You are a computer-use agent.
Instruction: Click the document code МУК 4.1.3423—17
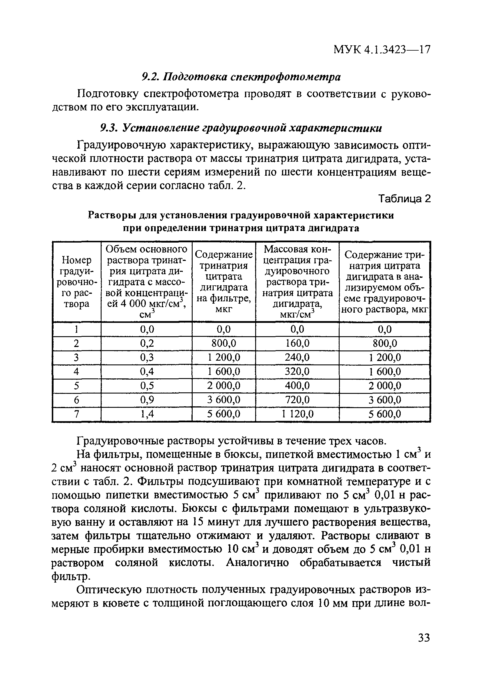[381, 49]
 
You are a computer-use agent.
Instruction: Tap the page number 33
[424, 646]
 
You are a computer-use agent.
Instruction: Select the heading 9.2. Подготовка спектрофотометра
[241, 77]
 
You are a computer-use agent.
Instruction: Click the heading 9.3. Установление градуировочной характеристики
[241, 128]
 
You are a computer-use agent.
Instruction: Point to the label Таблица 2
[404, 198]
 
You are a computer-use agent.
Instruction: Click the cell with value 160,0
[297, 343]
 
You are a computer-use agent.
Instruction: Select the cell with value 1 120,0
[297, 414]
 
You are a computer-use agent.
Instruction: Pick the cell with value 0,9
[147, 400]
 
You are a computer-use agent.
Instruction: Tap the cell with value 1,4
[147, 414]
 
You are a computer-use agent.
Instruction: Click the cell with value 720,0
[297, 400]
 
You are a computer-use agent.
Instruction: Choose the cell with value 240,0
[297, 357]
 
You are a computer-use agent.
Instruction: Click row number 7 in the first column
[77, 414]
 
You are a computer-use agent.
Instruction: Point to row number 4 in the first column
[77, 371]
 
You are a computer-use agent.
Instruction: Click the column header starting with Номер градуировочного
[77, 282]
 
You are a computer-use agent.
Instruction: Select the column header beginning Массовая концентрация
[297, 282]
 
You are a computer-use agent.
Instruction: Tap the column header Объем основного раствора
[147, 282]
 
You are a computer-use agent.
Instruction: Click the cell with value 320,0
[297, 371]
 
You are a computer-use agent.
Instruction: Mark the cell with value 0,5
[147, 386]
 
